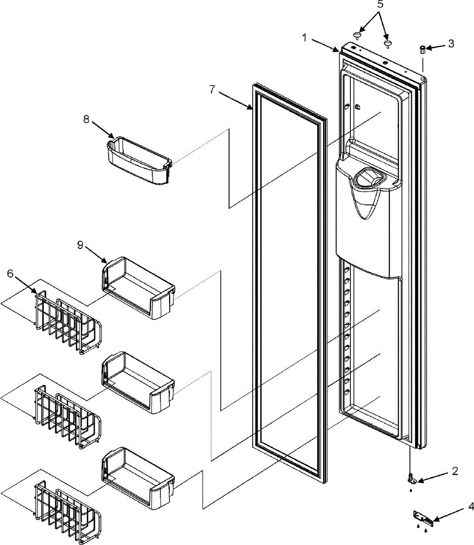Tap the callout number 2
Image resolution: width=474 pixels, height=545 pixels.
[455, 471]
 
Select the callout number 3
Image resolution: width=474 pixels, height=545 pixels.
[451, 44]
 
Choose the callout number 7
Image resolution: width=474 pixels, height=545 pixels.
[212, 89]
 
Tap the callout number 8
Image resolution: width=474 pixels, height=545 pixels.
[86, 119]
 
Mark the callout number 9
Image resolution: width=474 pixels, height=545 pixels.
[80, 245]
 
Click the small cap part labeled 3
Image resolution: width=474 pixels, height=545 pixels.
[422, 49]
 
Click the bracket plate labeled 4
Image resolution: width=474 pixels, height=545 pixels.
[423, 517]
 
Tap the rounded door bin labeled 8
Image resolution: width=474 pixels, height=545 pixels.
[138, 161]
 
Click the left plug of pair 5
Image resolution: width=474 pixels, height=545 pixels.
[358, 35]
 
